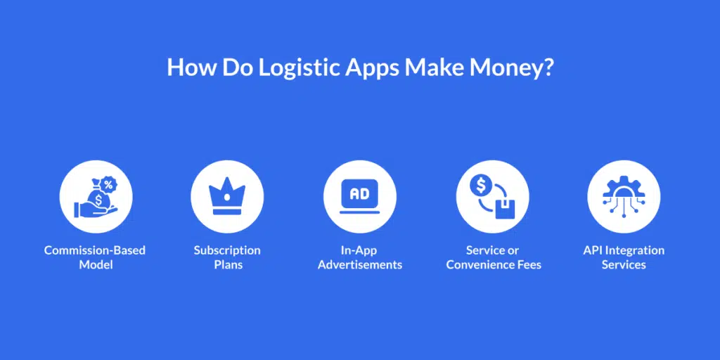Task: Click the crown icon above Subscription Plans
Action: coord(227,198)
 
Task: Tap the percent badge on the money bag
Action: coord(108,185)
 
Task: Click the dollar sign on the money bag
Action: coord(98,200)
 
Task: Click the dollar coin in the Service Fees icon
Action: coord(481,185)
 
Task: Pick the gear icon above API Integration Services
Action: coord(624,196)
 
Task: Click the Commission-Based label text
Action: coord(95,250)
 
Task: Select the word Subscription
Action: coord(227,251)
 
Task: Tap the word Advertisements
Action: coord(360,265)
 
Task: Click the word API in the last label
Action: coord(592,250)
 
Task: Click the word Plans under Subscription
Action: coord(229,265)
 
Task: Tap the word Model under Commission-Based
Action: coord(96,265)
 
